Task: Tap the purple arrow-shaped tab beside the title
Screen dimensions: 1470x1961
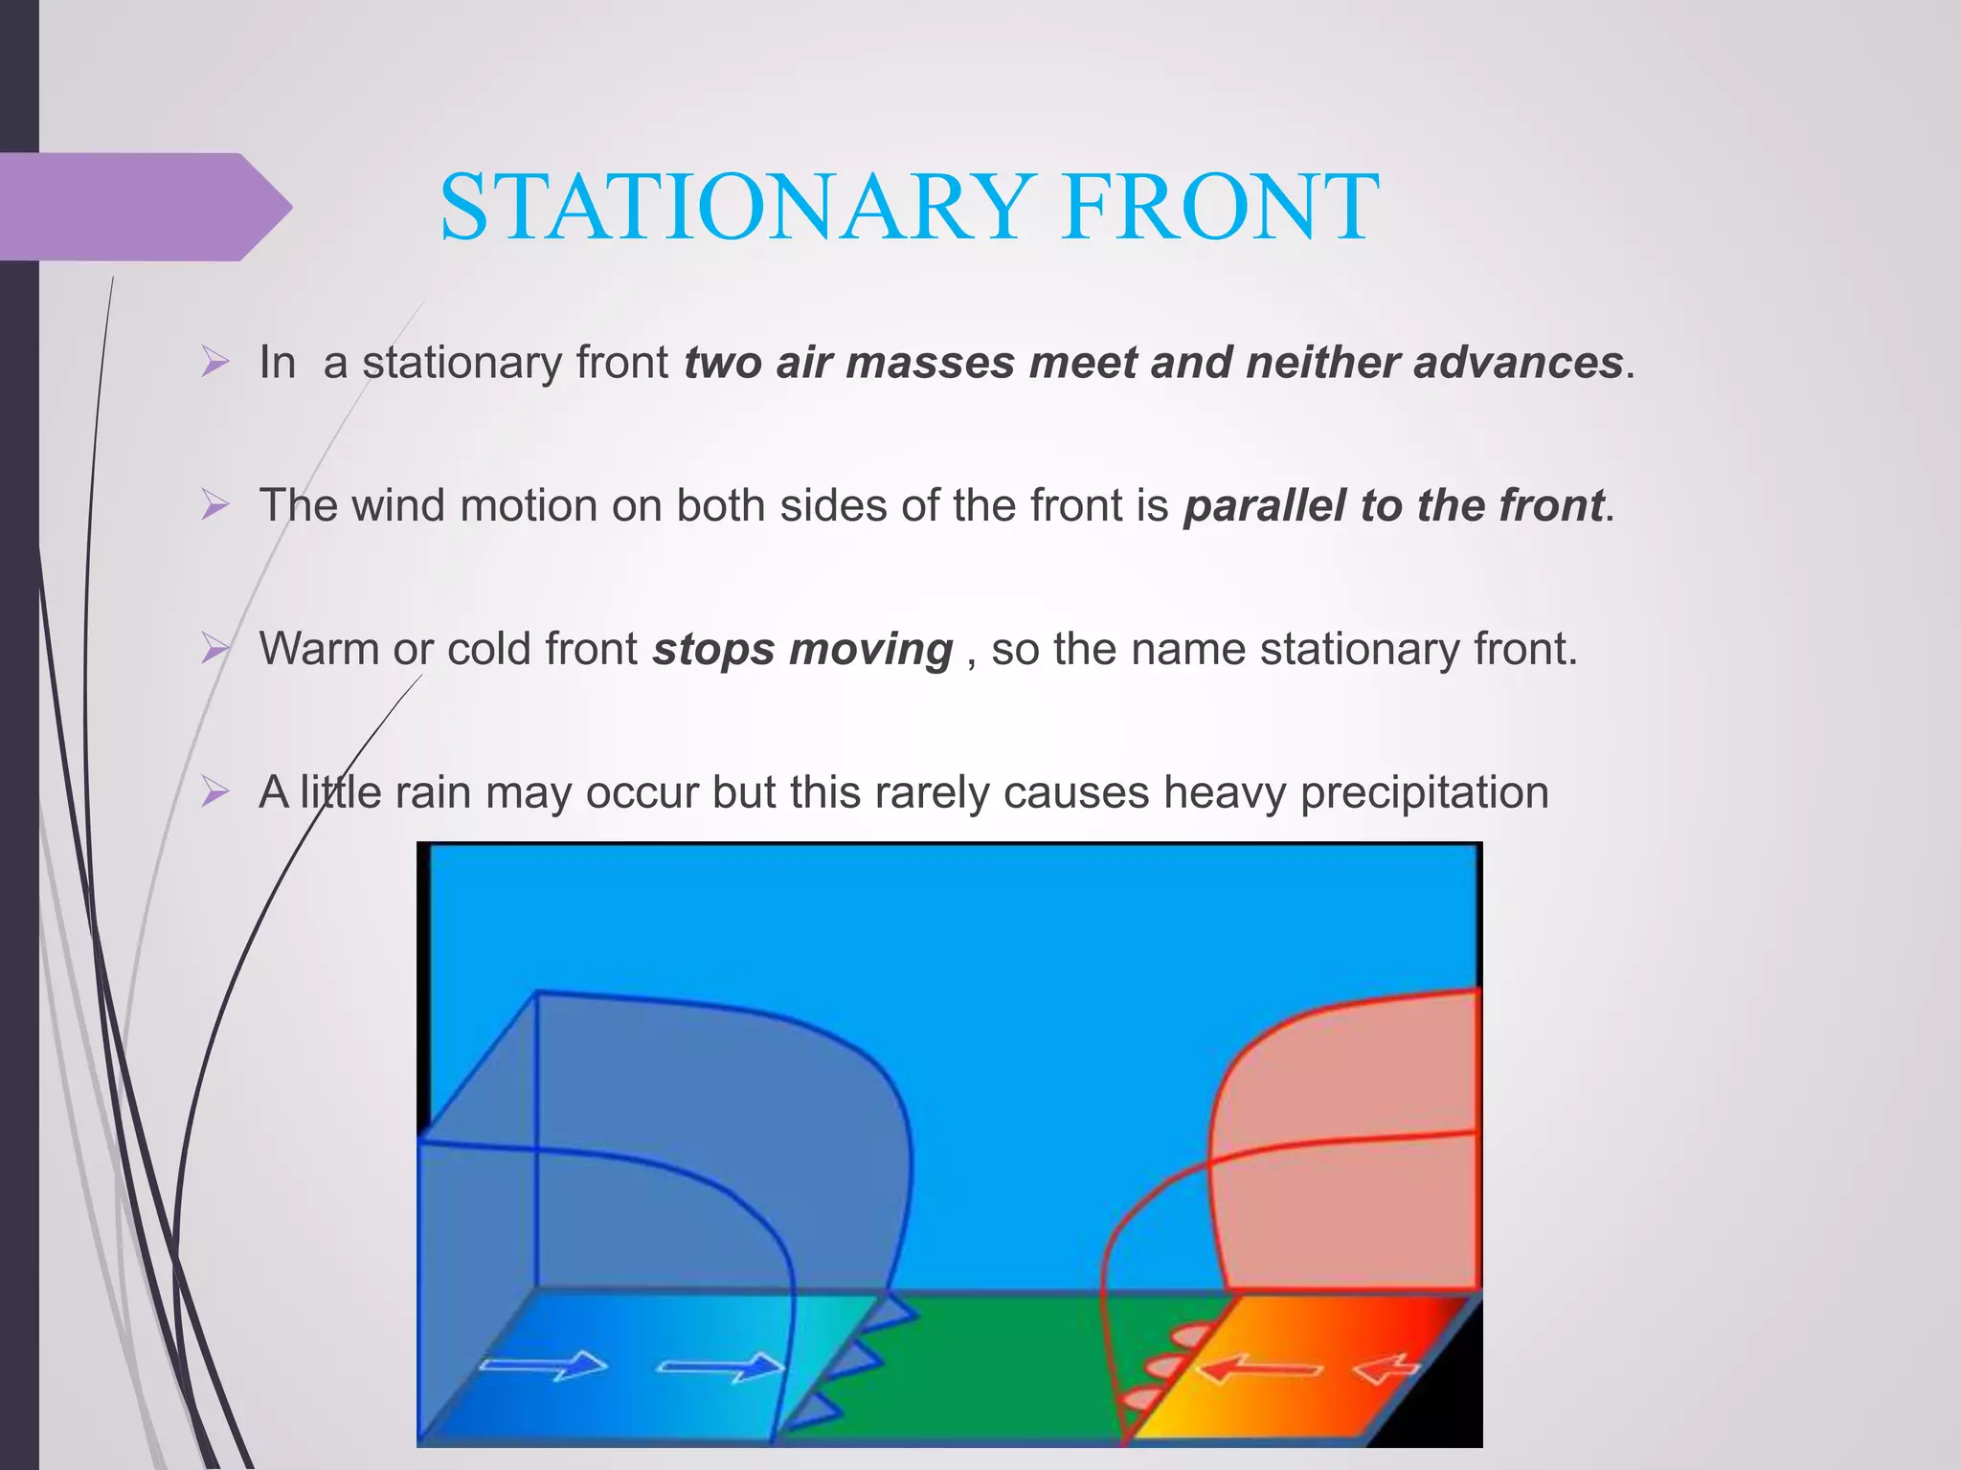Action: pos(144,207)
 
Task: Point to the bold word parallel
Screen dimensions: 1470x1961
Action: pos(1264,506)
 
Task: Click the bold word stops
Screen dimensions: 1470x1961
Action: pos(712,650)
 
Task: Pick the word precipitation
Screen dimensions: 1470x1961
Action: pos(1424,793)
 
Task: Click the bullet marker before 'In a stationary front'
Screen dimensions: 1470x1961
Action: pos(215,363)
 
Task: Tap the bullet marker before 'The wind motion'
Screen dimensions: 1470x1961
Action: pos(215,505)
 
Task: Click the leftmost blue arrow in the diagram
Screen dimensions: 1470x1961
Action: pos(543,1365)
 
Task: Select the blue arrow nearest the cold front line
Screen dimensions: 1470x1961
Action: pos(720,1368)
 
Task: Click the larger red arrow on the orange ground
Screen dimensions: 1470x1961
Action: pos(1258,1370)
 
